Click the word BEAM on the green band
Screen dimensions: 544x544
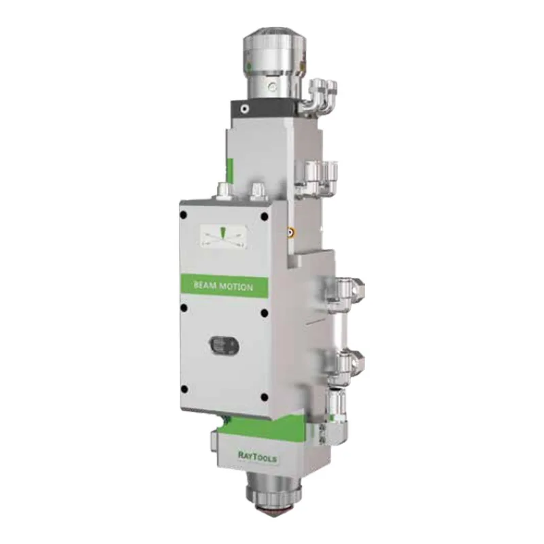[205, 285]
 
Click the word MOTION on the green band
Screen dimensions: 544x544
[237, 287]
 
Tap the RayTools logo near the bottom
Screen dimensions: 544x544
[257, 456]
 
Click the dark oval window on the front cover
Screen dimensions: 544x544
[224, 345]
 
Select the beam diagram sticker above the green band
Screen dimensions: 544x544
[224, 237]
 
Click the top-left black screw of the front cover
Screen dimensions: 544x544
[183, 215]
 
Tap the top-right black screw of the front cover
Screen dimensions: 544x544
[265, 217]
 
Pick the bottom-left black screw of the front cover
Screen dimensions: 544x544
[184, 389]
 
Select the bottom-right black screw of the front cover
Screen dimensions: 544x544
[265, 397]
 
